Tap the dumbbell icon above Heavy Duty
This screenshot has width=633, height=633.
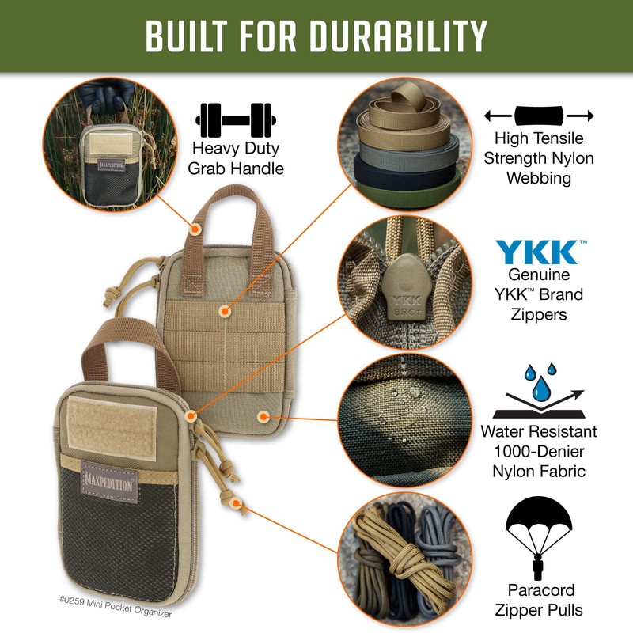(233, 119)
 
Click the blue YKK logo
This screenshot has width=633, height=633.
(536, 252)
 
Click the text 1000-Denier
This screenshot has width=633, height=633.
(538, 453)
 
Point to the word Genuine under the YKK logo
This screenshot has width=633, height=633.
(538, 275)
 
